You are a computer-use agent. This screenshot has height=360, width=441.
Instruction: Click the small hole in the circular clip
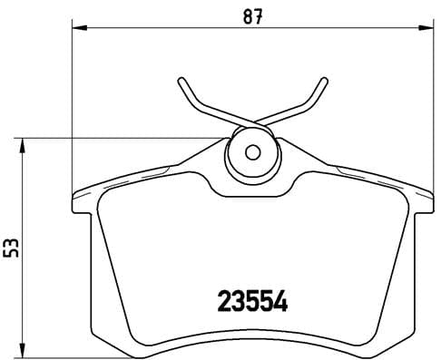coord(254,151)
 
